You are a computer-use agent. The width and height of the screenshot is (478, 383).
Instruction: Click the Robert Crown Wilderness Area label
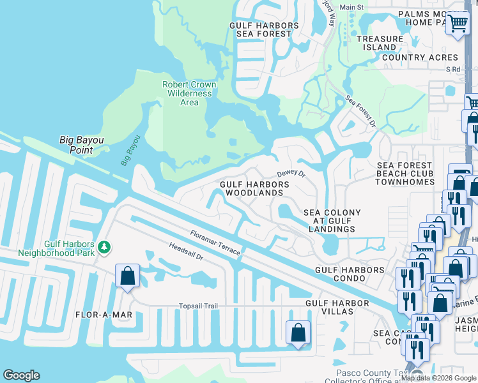(x=189, y=93)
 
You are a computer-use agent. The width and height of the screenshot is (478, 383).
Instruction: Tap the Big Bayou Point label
(x=85, y=145)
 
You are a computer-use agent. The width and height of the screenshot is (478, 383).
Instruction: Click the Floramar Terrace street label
(x=215, y=243)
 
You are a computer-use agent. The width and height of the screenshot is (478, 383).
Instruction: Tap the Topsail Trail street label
(x=197, y=306)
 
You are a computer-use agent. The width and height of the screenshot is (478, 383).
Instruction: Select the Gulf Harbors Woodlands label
(x=254, y=188)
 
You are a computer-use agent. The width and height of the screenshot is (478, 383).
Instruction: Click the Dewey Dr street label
(x=291, y=173)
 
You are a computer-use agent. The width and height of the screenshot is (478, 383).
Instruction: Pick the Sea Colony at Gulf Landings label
(x=332, y=221)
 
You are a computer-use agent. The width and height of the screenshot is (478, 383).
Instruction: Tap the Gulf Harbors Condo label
(x=350, y=270)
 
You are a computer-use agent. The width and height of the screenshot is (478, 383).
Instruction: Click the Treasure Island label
(x=380, y=43)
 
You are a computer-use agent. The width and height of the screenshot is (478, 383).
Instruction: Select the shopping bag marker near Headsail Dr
(x=127, y=276)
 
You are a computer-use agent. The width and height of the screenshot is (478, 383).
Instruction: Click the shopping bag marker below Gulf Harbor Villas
(x=298, y=332)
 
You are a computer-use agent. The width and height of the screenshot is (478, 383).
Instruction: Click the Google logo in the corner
(x=21, y=375)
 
